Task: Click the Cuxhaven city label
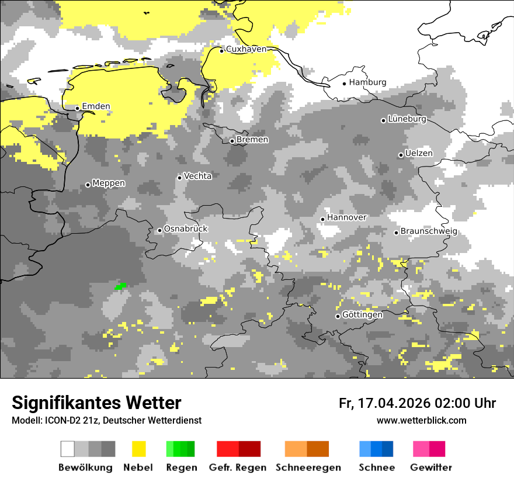[x=246, y=50]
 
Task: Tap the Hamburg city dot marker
[x=345, y=83]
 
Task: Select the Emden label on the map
[x=96, y=106]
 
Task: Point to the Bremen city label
[x=252, y=140]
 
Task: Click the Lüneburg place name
[x=407, y=119]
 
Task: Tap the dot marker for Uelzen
[x=401, y=155]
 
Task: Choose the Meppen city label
[x=109, y=183]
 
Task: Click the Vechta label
[x=198, y=176]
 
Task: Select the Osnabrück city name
[x=186, y=229]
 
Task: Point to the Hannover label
[x=347, y=217]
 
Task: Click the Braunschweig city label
[x=429, y=231]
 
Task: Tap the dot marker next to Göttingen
[x=338, y=316]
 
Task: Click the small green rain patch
[x=120, y=286]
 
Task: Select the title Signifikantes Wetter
[x=96, y=403]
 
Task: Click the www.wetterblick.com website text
[x=421, y=421]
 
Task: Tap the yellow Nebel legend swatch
[x=138, y=449]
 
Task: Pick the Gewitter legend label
[x=431, y=467]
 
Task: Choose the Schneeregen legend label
[x=308, y=467]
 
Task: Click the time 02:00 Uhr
[x=465, y=403]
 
